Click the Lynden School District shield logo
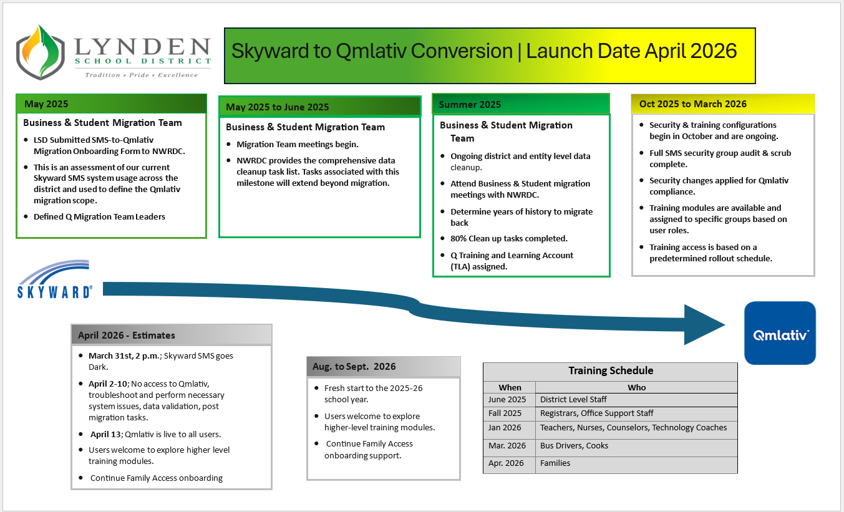click(41, 55)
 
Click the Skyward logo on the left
click(54, 279)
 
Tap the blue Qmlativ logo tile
click(780, 333)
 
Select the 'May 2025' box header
click(111, 104)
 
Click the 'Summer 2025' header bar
click(520, 104)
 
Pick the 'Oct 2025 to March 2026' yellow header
click(723, 104)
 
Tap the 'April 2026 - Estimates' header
click(172, 335)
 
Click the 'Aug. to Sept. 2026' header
click(383, 367)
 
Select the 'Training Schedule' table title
click(610, 370)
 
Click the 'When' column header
click(510, 387)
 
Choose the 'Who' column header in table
click(636, 387)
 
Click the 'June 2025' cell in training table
click(508, 399)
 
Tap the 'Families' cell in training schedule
click(555, 463)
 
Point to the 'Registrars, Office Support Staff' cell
click(596, 413)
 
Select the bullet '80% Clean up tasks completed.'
click(509, 238)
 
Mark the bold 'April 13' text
click(105, 434)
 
